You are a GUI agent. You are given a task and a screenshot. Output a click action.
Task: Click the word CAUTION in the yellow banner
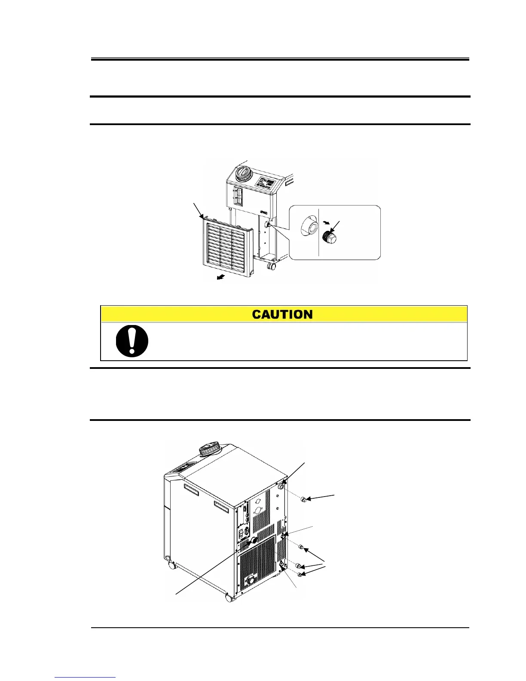coord(282,314)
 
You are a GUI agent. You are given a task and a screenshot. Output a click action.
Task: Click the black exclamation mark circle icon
coord(132,341)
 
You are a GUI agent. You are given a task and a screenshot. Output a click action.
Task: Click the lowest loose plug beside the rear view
coord(300,574)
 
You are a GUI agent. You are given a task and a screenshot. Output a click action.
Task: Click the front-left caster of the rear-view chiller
coord(172,566)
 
